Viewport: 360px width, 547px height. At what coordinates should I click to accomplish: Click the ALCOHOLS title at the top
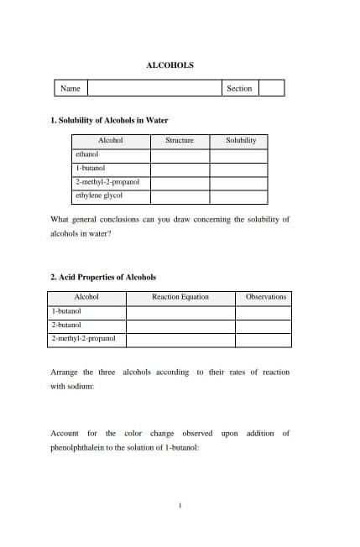point(170,65)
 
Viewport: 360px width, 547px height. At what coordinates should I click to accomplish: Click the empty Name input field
point(154,88)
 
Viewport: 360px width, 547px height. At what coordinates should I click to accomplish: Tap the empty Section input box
point(271,88)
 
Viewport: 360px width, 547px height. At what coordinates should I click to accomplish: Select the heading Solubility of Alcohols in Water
point(110,121)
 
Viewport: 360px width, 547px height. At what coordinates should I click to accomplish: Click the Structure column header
point(180,141)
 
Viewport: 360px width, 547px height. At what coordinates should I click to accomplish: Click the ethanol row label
point(87,155)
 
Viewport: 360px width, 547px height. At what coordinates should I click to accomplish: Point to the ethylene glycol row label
point(99,195)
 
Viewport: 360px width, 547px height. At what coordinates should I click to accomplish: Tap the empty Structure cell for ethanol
point(180,155)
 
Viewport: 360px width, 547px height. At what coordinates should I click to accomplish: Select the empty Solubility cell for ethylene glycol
point(238,196)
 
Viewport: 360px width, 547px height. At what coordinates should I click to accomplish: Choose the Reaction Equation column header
point(180,297)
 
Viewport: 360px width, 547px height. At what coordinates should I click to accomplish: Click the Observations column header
point(266,297)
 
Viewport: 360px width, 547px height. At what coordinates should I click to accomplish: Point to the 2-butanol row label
point(67,325)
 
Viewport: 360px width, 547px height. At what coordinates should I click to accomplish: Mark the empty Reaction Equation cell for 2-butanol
point(180,326)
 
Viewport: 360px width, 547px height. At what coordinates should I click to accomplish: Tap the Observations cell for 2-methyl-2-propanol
point(266,340)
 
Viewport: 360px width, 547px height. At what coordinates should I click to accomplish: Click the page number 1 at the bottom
point(180,505)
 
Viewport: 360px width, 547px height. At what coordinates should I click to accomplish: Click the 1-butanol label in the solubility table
point(91,169)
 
